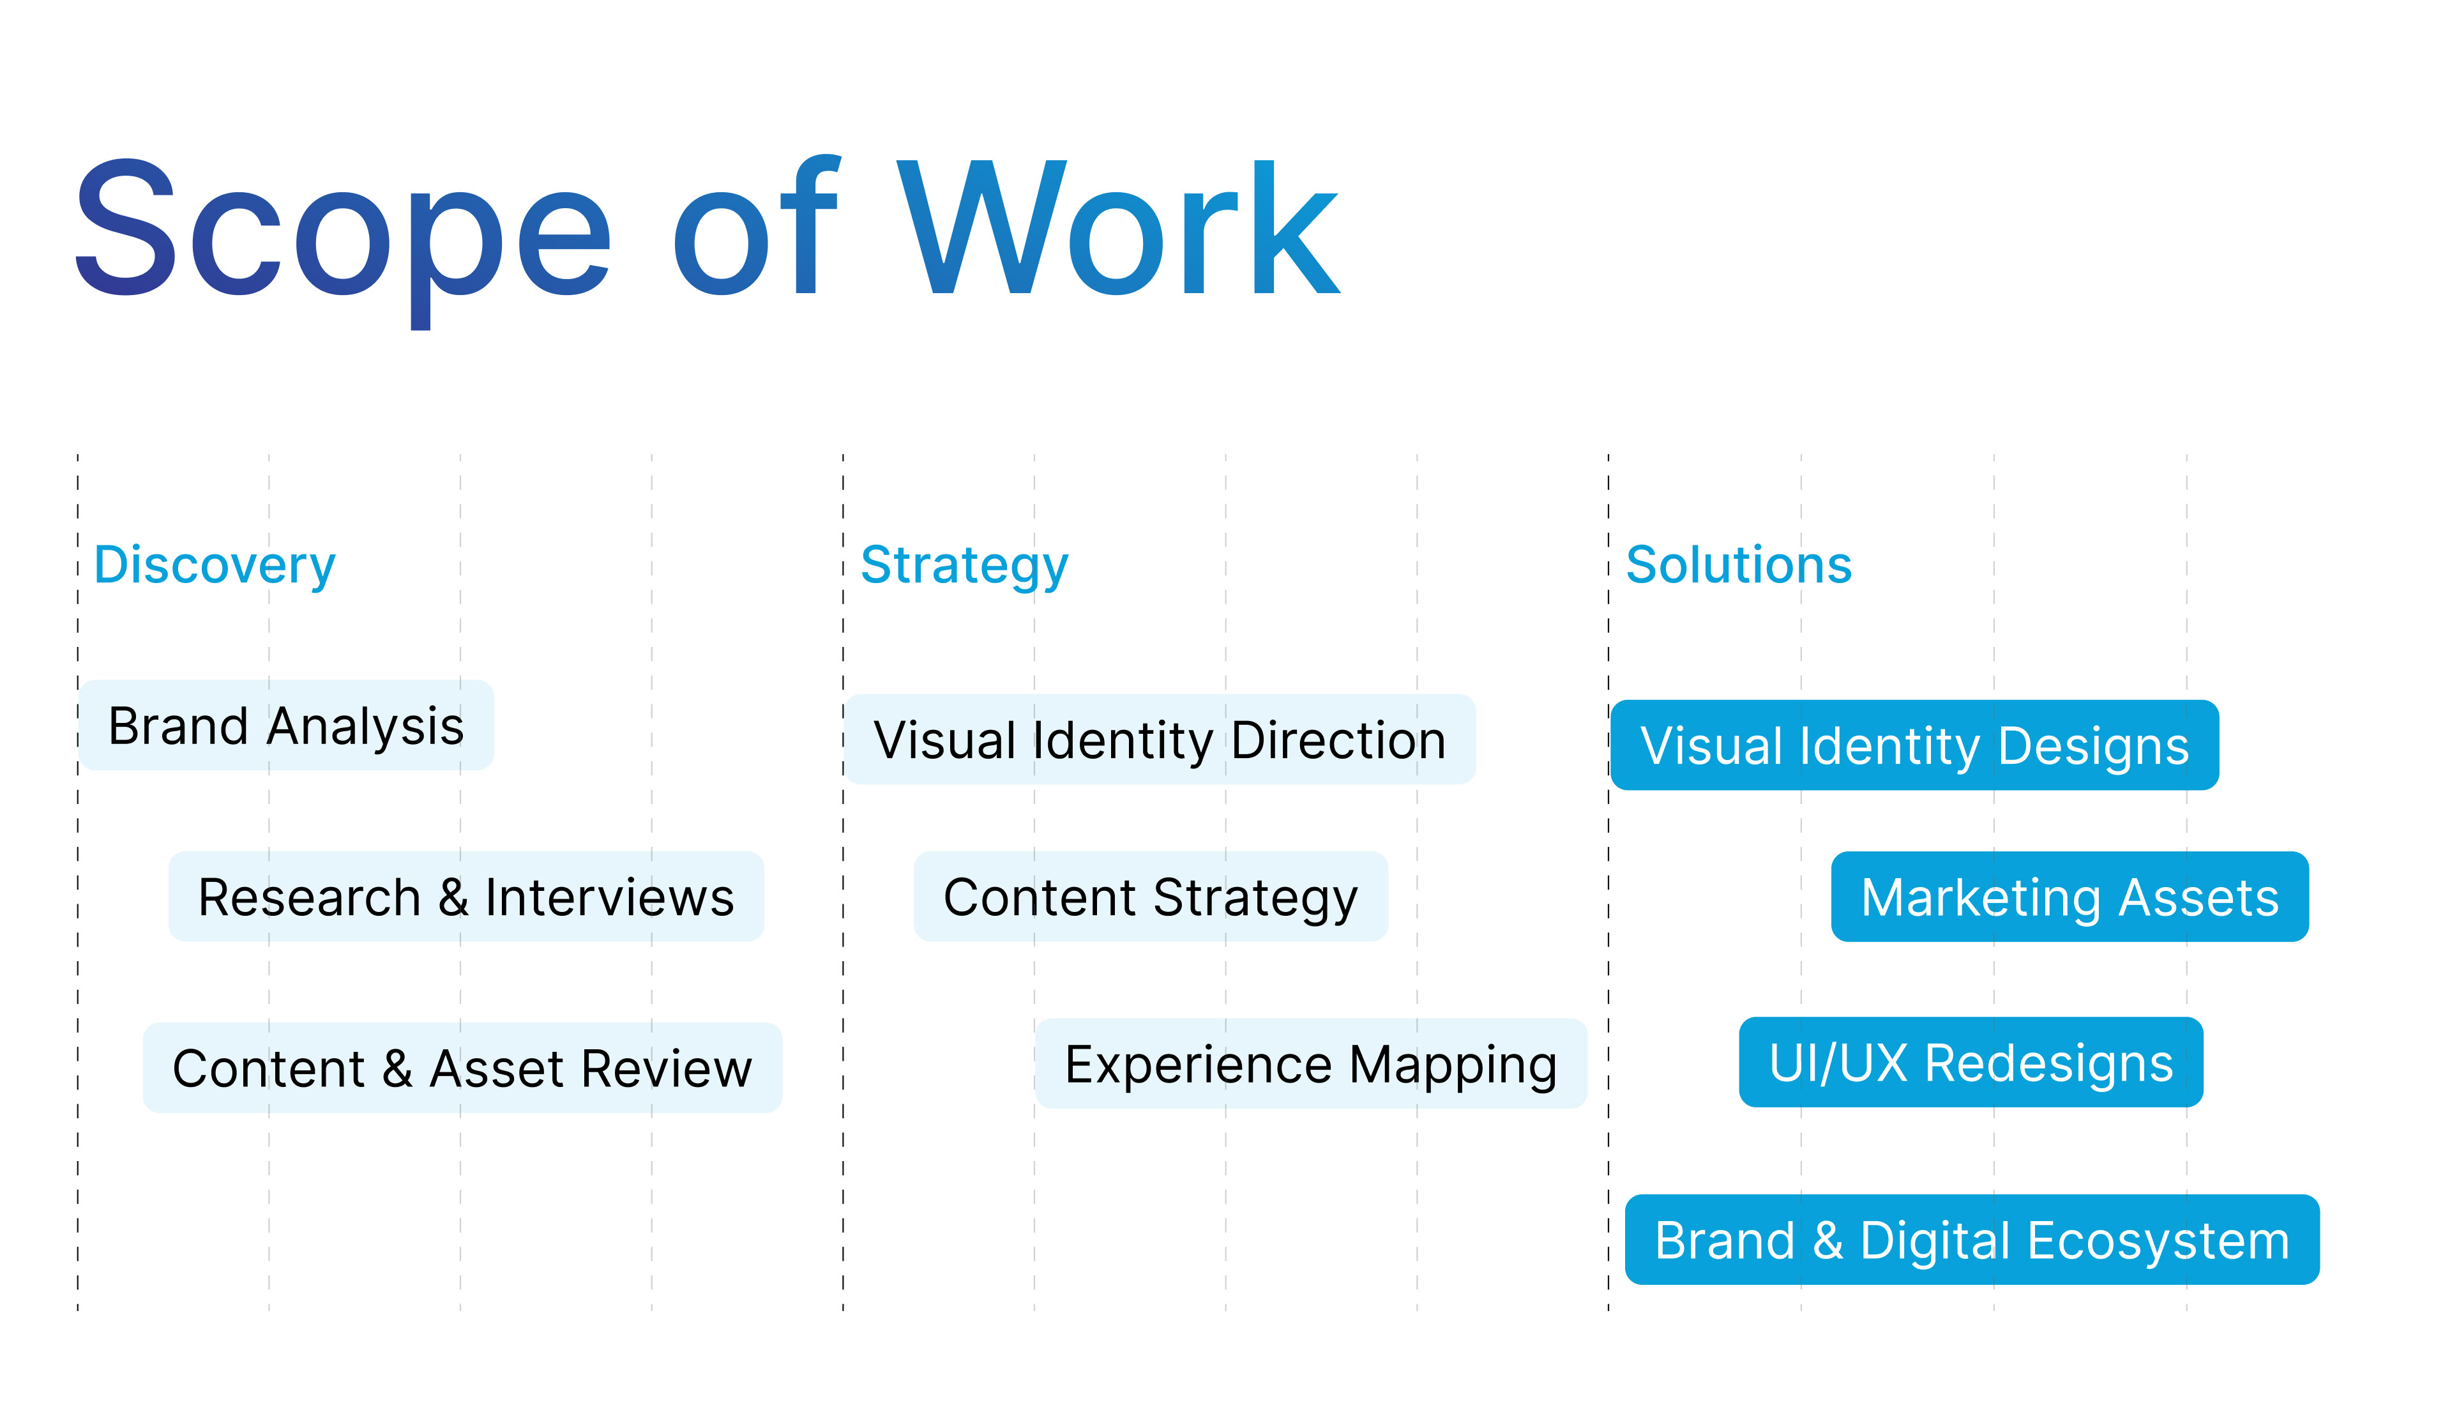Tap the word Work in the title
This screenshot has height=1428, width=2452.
(x=1119, y=229)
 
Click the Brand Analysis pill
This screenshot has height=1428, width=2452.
(x=286, y=725)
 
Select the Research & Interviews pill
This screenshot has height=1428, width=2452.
(x=466, y=897)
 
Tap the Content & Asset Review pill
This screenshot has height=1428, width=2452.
(x=462, y=1068)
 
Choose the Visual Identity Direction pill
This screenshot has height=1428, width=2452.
(x=1160, y=740)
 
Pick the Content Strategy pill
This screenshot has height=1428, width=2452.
(x=1150, y=897)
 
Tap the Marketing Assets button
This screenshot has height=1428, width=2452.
(x=2070, y=897)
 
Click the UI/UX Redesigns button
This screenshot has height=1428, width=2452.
(x=1971, y=1062)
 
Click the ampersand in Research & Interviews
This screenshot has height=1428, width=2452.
(x=453, y=897)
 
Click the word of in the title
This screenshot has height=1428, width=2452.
(x=755, y=229)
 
